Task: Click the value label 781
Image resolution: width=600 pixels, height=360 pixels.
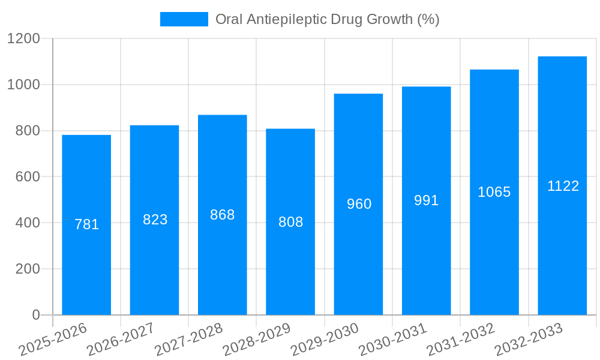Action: point(86,224)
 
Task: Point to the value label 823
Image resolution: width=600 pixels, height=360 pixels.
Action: point(155,220)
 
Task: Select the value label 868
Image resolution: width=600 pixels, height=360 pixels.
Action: point(223,215)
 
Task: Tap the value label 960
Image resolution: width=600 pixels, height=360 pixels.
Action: point(359,204)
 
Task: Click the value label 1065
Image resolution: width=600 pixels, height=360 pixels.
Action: point(494,192)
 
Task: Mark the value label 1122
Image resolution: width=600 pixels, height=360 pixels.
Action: point(563,186)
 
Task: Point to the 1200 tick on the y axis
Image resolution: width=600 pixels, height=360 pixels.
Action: point(23,39)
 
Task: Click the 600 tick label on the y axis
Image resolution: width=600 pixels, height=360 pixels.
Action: point(28,177)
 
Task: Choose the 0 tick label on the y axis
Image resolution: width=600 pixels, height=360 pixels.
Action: point(35,315)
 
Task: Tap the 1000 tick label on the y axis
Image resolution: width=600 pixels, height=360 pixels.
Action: point(23,85)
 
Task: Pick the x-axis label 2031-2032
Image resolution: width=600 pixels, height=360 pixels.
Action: point(461,340)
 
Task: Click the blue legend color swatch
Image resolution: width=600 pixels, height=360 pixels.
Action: point(184,19)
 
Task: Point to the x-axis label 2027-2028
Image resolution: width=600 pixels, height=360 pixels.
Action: point(189,340)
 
